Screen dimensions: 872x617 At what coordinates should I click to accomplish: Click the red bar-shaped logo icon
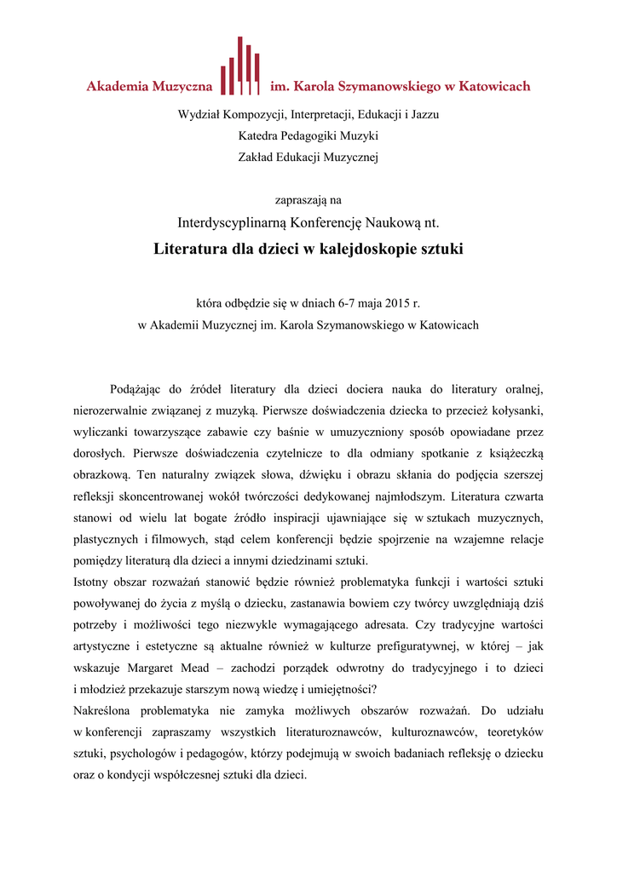[x=240, y=68]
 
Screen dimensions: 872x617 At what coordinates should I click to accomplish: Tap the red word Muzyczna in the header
[x=182, y=86]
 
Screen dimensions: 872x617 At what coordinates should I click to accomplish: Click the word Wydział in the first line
[x=197, y=113]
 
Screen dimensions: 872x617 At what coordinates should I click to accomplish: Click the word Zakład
[x=257, y=157]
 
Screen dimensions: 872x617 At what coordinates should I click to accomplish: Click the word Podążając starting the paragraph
[x=139, y=390]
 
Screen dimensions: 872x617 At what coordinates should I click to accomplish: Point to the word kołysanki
[x=516, y=411]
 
